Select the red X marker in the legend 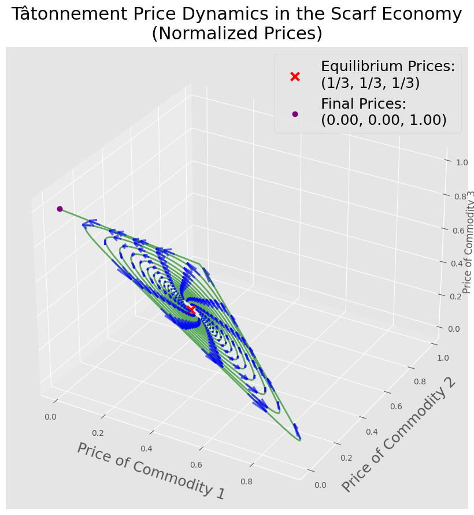(x=295, y=76)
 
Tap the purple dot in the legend (x=295, y=114)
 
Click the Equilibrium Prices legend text (x=388, y=75)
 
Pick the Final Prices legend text (x=384, y=112)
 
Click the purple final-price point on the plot (x=60, y=209)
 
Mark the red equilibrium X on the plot (x=191, y=309)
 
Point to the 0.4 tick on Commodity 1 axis (x=146, y=449)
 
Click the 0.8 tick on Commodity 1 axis (x=246, y=481)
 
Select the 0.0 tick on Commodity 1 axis (x=50, y=417)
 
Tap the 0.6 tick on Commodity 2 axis (x=396, y=406)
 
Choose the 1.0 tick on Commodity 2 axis (x=443, y=358)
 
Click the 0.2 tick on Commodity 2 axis (x=346, y=458)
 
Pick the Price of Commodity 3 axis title (x=468, y=242)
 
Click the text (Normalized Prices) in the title (x=237, y=34)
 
